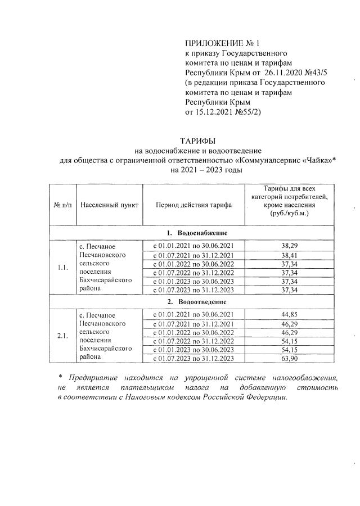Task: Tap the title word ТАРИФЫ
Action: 197,140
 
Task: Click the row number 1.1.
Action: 62,268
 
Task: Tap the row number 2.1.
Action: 62,336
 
